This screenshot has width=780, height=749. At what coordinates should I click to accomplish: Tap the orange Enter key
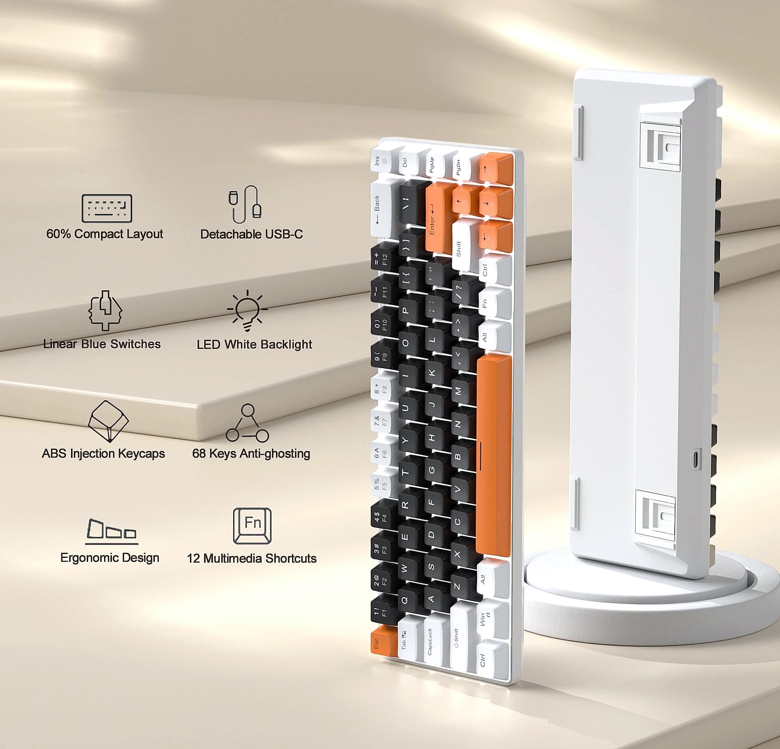tap(438, 217)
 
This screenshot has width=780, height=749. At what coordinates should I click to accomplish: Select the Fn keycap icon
tap(252, 525)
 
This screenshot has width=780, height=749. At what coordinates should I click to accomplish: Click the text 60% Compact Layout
tap(105, 234)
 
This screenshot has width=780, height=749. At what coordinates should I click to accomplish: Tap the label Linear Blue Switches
tap(102, 344)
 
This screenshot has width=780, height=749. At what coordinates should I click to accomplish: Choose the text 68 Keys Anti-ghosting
tap(251, 453)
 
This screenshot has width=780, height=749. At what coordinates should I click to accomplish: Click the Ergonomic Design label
tap(110, 557)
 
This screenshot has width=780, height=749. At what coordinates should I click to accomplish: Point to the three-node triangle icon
tap(248, 423)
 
